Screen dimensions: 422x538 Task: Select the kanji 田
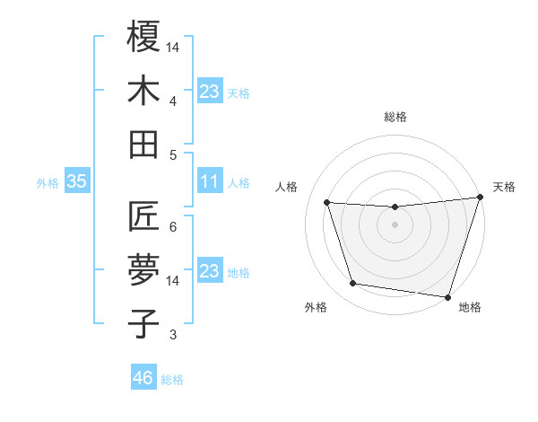pos(144,145)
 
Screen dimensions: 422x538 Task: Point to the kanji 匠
pos(144,216)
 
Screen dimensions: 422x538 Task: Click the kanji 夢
pos(144,270)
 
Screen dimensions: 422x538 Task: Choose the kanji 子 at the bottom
pos(144,324)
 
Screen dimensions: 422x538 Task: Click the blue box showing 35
pos(76,181)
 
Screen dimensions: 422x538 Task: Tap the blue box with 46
pos(143,378)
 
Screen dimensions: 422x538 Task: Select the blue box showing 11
pos(209,181)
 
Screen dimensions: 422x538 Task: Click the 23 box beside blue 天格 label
pos(209,91)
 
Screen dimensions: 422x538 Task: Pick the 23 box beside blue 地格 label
pos(209,271)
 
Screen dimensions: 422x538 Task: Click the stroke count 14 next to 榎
pos(173,46)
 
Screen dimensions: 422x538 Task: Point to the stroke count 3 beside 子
pos(173,335)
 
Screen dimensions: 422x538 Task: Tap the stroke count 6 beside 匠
pos(173,226)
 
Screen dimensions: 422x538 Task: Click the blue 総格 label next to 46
pos(172,380)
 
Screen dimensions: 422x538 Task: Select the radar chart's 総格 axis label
pos(395,117)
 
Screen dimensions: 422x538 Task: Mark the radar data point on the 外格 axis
pos(352,284)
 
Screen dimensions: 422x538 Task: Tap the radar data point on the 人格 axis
pos(327,203)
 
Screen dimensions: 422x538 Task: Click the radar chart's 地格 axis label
pos(470,308)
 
